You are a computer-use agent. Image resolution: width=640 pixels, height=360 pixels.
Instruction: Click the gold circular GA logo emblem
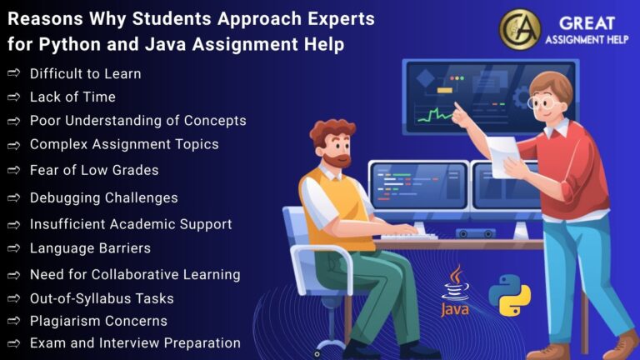point(519,28)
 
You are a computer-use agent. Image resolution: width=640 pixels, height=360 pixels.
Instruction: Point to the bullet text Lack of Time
point(72,97)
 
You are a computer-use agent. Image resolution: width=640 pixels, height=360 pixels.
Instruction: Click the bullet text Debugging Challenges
point(103,197)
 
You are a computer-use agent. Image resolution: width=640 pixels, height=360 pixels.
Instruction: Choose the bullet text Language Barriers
point(90,248)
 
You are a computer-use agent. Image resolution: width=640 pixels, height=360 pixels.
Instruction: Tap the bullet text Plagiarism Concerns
point(98,321)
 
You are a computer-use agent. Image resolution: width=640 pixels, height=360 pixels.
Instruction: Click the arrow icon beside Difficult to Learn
point(13,73)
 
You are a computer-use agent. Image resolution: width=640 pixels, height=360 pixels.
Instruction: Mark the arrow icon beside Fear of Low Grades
point(13,170)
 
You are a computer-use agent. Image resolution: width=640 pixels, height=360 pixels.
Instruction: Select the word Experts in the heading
point(335,18)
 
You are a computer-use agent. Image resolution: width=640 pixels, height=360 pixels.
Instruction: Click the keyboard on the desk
point(407,237)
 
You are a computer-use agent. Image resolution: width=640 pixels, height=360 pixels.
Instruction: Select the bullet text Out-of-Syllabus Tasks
point(102,297)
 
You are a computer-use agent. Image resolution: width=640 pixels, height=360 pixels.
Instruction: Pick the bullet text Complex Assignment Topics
point(124,144)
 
